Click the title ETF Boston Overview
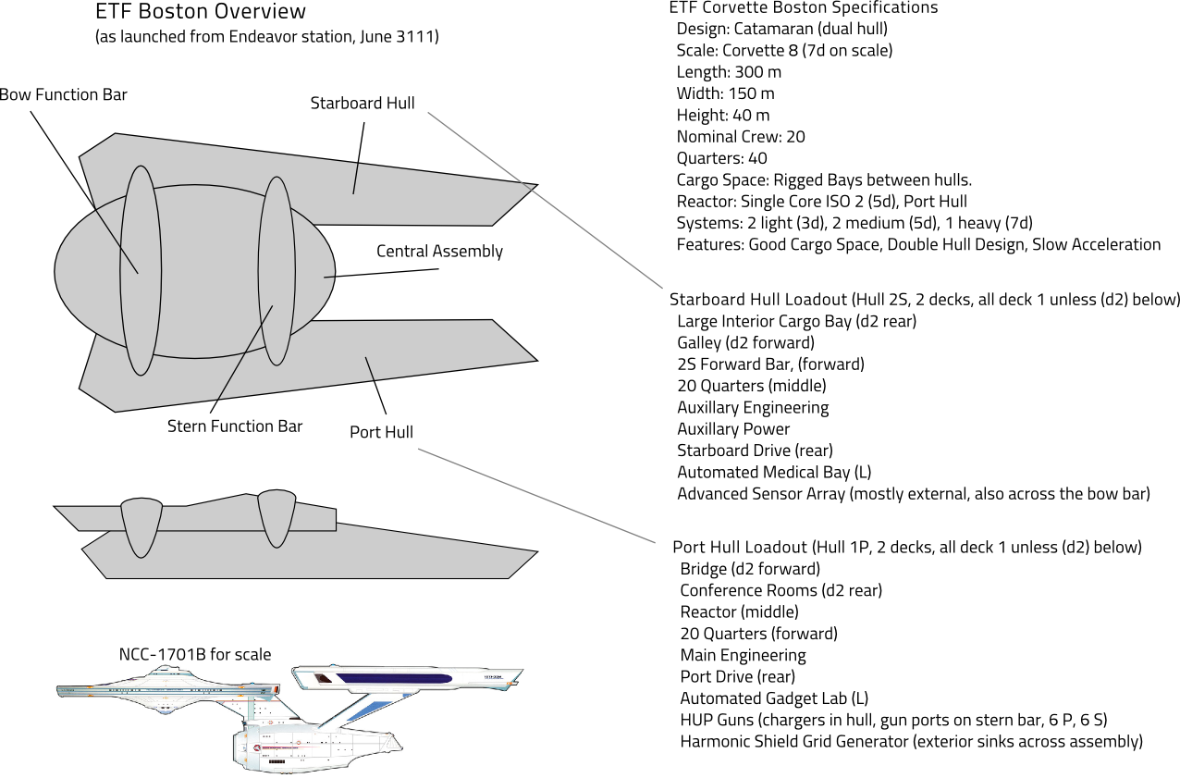coord(200,12)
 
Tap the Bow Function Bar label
coord(62,95)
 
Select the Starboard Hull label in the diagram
coord(363,103)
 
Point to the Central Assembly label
coord(439,252)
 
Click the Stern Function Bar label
coord(235,426)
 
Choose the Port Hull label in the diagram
coord(381,432)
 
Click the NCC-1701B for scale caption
coord(195,655)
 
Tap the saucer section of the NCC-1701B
coord(166,692)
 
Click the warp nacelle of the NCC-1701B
coord(407,679)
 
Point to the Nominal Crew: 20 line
coord(741,137)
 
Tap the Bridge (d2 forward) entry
coord(749,569)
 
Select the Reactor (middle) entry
coord(739,611)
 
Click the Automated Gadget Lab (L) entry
coord(774,698)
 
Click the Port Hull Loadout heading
coord(907,547)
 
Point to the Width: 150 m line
coord(725,93)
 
